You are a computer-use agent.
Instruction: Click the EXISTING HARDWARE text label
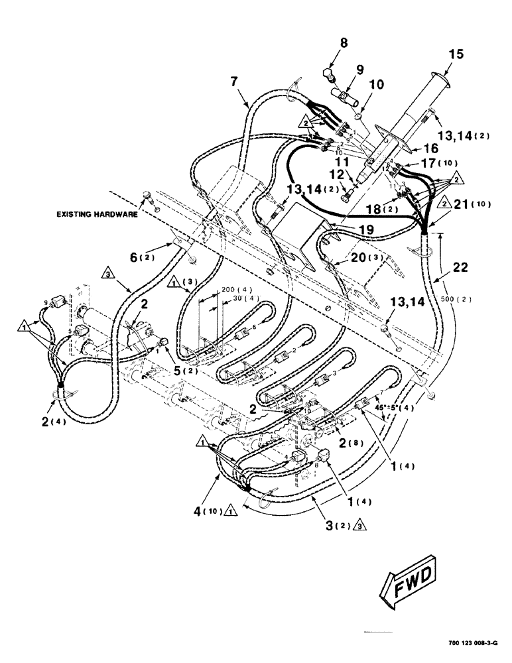[x=97, y=215]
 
